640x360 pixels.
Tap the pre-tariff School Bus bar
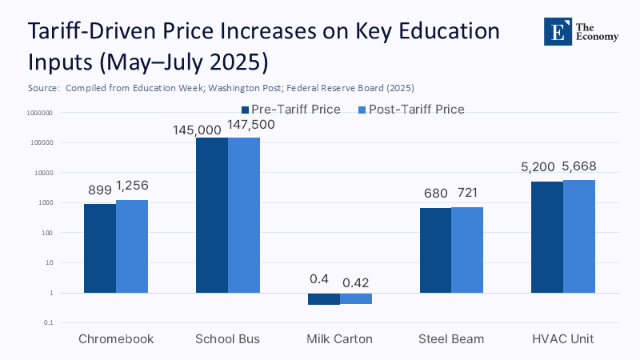coord(212,216)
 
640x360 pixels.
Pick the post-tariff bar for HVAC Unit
coord(579,237)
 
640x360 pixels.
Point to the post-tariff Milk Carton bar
coord(356,298)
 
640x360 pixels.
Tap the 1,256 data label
coord(132,186)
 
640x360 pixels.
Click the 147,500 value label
coord(245,126)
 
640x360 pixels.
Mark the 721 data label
coord(468,194)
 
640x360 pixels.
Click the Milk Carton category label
coord(340,339)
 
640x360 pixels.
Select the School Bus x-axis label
coord(228,339)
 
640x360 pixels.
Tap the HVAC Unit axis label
coord(563,339)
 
